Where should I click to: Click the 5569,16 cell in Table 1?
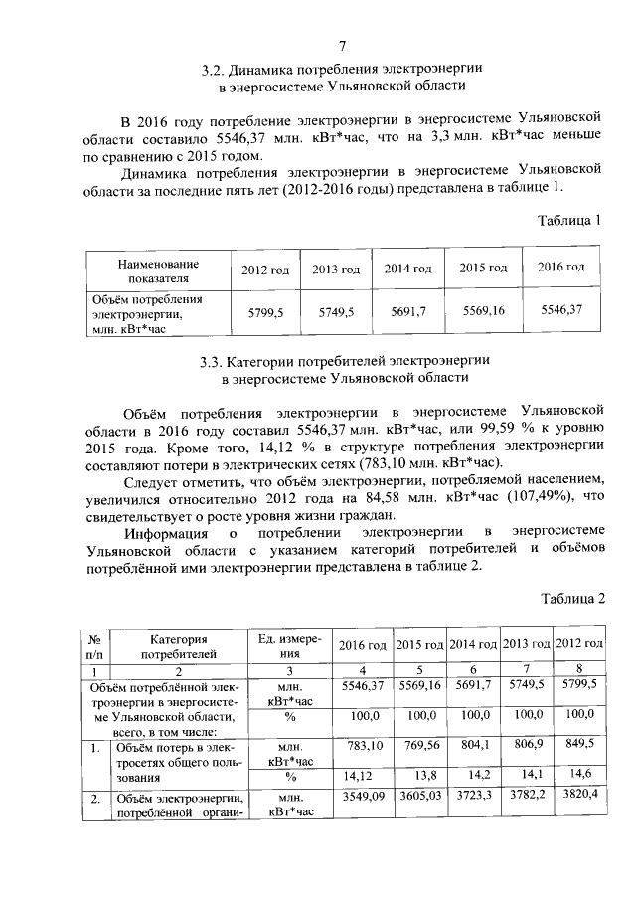484,311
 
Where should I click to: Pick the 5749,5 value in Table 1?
336,312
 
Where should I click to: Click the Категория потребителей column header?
178,646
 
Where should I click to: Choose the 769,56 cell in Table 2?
421,746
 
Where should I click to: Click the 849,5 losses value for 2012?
578,745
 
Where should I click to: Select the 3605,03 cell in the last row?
421,797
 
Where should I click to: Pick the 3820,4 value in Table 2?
578,797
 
